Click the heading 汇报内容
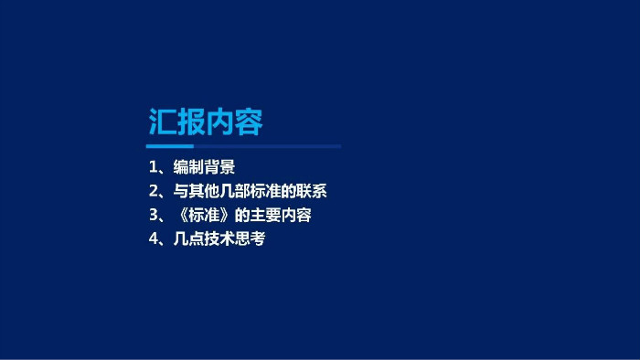[x=206, y=122]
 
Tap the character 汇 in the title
[x=162, y=122]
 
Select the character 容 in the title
[x=249, y=122]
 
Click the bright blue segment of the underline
[x=170, y=146]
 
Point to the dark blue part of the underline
[x=267, y=146]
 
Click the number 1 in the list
[x=153, y=167]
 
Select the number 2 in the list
[x=154, y=191]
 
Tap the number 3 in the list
[x=154, y=215]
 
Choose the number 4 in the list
[x=154, y=238]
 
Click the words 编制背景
[x=204, y=167]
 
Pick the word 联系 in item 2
[x=312, y=191]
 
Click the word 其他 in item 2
[x=204, y=191]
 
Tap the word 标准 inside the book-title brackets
[x=204, y=215]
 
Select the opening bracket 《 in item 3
[x=181, y=215]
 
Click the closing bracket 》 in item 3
[x=226, y=215]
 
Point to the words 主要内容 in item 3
[x=281, y=215]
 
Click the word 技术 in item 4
[x=219, y=238]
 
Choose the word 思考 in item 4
[x=251, y=238]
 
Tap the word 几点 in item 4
[x=189, y=238]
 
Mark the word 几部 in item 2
[x=235, y=191]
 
